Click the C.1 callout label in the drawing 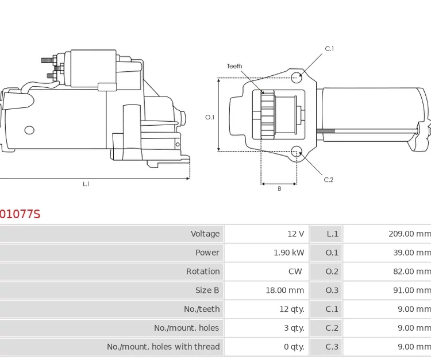(x=329, y=49)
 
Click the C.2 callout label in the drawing (x=328, y=180)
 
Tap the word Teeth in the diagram (x=234, y=66)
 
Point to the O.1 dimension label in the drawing (x=210, y=117)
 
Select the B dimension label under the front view (x=279, y=189)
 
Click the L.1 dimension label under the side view (x=86, y=184)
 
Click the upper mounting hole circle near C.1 (x=296, y=78)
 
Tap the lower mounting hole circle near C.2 (x=297, y=152)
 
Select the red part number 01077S (x=20, y=214)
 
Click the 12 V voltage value (x=296, y=234)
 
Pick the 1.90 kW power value (x=289, y=253)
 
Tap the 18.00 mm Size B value (x=284, y=291)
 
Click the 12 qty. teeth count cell (x=292, y=309)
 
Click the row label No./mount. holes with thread (x=163, y=347)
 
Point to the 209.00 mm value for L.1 (x=409, y=234)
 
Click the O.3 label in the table (x=332, y=291)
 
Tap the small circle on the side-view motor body (x=29, y=130)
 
